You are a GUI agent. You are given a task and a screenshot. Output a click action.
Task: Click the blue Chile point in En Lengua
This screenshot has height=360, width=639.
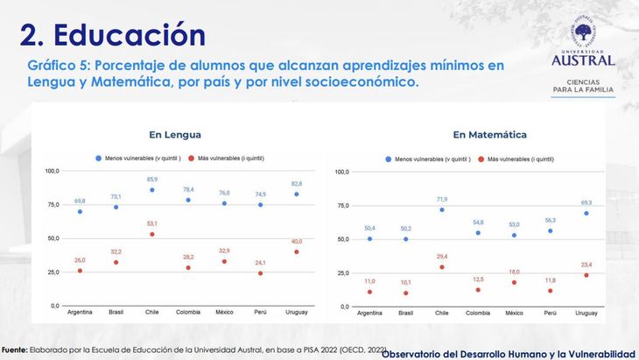(151, 190)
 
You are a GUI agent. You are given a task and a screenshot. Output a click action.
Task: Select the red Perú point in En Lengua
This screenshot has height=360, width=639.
(260, 273)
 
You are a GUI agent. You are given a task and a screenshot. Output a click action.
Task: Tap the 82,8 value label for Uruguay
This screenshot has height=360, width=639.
(296, 184)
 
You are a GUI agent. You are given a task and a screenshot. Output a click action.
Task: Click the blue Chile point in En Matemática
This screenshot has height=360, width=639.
(441, 209)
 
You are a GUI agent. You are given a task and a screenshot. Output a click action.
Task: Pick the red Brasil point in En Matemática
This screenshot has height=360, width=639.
(405, 293)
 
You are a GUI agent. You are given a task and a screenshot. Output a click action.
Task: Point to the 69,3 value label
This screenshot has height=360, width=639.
(585, 202)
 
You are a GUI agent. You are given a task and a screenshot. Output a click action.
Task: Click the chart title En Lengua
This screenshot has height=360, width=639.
(175, 135)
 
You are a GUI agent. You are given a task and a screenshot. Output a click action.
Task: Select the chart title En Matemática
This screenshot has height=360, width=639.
(489, 135)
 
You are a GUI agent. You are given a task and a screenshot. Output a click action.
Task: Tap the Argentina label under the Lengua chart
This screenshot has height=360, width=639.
(80, 311)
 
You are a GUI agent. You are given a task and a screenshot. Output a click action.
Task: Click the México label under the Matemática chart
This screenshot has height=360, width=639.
(513, 313)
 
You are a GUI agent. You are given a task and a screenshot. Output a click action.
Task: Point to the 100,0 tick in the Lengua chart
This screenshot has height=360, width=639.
(52, 171)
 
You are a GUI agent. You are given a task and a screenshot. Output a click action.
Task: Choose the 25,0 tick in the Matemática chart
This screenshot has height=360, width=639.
(341, 272)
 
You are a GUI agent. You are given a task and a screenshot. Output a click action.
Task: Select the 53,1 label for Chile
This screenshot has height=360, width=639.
(151, 223)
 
